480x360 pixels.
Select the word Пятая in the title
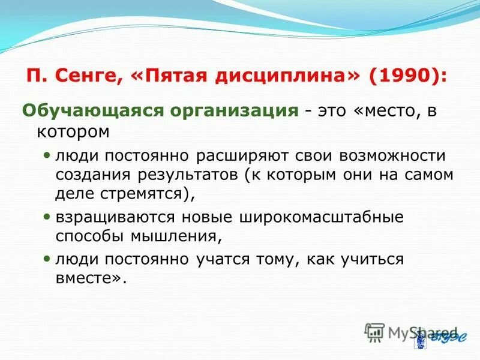pos(184,76)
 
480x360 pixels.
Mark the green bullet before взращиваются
pos(48,216)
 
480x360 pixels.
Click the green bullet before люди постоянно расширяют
pos(48,155)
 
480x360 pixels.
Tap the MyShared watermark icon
pos(374,331)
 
